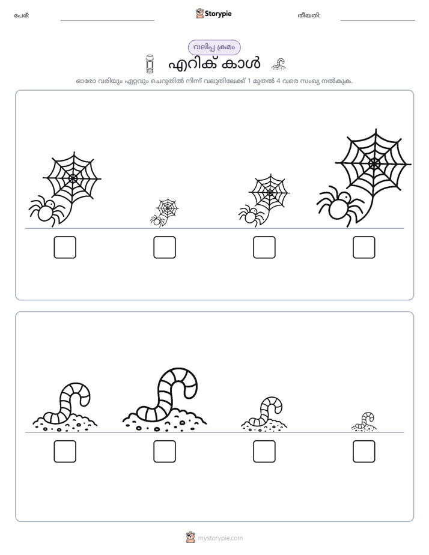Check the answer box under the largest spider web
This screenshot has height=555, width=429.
click(364, 247)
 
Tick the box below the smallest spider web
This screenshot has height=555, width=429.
click(165, 247)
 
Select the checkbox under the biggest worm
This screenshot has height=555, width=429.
click(165, 451)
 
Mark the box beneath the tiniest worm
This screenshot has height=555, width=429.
click(364, 451)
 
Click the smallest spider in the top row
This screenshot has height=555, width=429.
click(156, 221)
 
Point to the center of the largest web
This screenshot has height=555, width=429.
click(374, 163)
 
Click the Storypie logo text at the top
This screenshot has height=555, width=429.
click(218, 14)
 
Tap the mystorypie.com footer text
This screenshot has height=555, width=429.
click(220, 538)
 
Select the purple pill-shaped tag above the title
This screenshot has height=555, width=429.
click(214, 47)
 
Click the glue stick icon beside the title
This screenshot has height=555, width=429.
click(150, 64)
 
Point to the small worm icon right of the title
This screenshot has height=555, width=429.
click(279, 64)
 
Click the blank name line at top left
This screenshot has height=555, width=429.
click(107, 20)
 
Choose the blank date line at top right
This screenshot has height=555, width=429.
click(378, 20)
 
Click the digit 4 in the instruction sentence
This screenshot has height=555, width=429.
click(278, 81)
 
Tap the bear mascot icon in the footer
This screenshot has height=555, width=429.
click(190, 538)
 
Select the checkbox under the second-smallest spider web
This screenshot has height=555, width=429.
click(264, 247)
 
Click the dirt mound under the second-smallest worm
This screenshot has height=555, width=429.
click(264, 425)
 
